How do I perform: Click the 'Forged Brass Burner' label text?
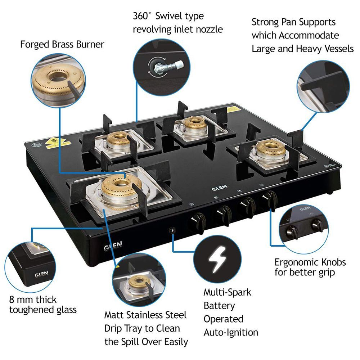(x=62, y=44)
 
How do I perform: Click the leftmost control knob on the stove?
(x=197, y=219)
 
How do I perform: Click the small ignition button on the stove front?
(x=172, y=230)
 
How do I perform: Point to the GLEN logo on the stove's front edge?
(x=113, y=246)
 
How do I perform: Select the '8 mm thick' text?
(x=33, y=300)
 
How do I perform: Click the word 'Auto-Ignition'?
(x=231, y=332)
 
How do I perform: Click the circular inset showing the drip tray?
(x=136, y=281)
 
